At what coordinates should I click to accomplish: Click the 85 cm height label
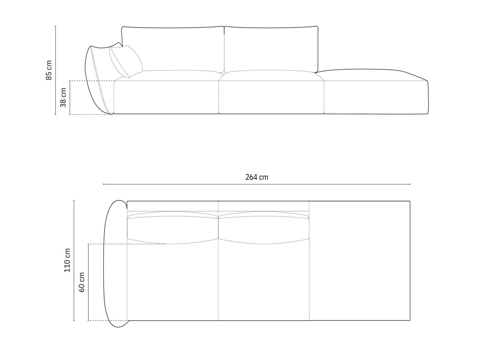point(49,70)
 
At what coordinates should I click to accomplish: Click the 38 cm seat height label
point(63,98)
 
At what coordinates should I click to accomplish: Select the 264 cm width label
point(257,177)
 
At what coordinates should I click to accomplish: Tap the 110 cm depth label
point(67,260)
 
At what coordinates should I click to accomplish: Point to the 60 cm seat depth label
point(82,282)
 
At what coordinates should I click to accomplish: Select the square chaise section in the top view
point(359,261)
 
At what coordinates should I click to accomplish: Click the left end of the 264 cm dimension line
point(104,184)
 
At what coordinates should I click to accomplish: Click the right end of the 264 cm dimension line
point(410,184)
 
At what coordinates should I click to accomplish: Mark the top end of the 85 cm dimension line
point(56,26)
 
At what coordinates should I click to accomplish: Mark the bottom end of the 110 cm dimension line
point(74,320)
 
